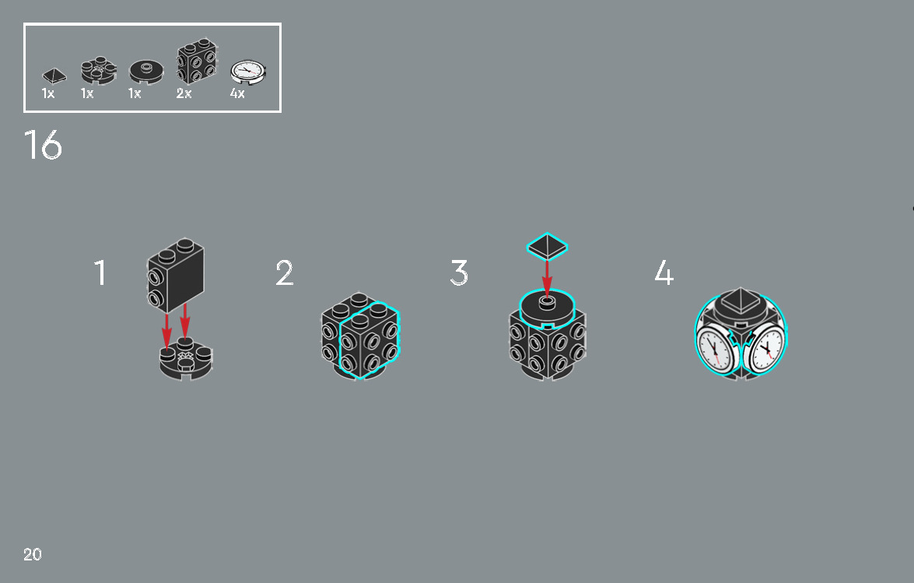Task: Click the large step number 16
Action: coord(43,145)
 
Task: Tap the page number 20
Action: coord(33,554)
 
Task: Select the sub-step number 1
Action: coord(100,273)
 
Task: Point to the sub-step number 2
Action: coord(285,273)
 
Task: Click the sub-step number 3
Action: coord(459,273)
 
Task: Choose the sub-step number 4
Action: coord(664,273)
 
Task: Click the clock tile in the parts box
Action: coord(248,72)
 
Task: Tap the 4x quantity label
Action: coord(237,93)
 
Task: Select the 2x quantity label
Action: coord(184,93)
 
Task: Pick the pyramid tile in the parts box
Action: coord(54,76)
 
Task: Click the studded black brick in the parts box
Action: coord(197,61)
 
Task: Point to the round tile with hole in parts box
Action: coord(146,72)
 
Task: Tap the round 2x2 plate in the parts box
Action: coord(99,70)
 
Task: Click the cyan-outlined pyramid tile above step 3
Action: coord(547,246)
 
